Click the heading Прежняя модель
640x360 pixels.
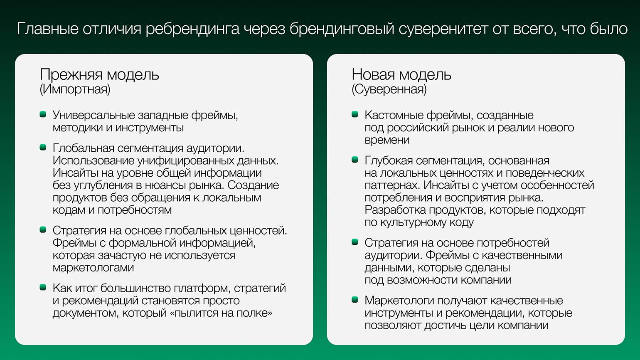[x=99, y=75]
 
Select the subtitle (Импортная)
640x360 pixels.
[x=75, y=89]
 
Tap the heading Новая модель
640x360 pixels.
[x=401, y=75]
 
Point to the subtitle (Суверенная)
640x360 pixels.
[x=389, y=89]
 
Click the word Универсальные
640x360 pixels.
[x=94, y=116]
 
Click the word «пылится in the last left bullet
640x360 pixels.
[x=194, y=313]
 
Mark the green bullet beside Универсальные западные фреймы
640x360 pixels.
[x=43, y=115]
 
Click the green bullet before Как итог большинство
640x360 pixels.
[x=43, y=287]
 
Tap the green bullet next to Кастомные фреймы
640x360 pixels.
[x=355, y=115]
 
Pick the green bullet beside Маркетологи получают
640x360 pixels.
[x=355, y=300]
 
